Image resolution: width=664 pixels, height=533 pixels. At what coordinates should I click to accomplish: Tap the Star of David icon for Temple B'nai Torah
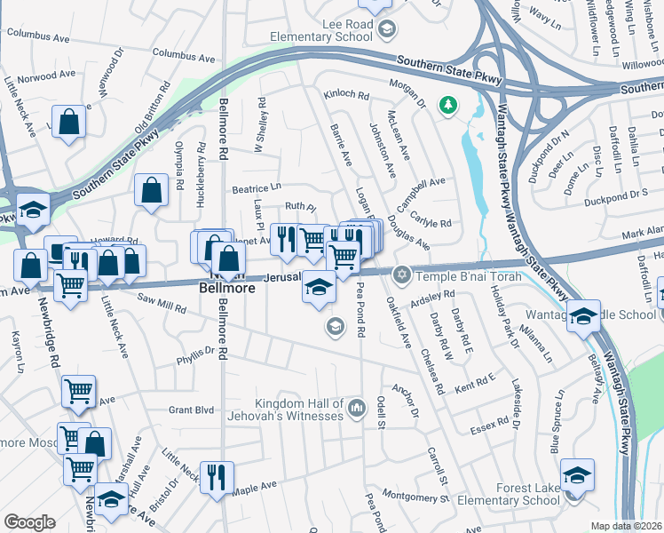[402, 273]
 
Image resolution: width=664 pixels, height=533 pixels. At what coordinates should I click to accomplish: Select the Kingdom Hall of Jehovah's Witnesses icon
[357, 409]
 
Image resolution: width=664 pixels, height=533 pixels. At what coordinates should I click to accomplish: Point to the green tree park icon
[448, 105]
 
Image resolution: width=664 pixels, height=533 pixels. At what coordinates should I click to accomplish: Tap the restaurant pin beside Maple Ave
[216, 477]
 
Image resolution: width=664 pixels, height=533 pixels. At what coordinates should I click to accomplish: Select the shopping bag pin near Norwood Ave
[69, 122]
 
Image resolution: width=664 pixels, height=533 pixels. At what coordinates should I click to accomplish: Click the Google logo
[29, 522]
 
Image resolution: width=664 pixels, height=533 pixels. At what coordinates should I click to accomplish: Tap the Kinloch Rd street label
[346, 94]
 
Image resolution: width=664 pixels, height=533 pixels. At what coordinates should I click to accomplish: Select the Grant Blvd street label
[193, 410]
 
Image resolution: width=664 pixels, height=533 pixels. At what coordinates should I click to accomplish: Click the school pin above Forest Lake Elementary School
[577, 473]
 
